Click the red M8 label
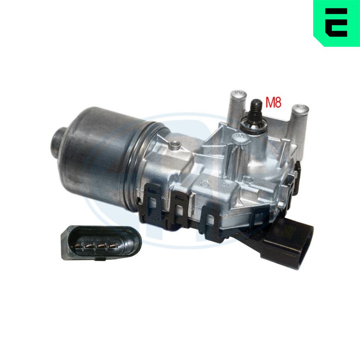coord(273,102)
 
